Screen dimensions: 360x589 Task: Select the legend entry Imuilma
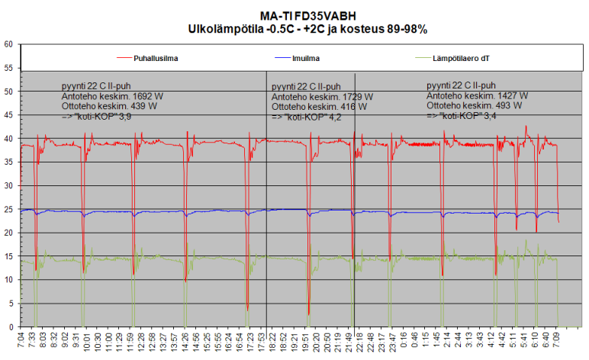[x=304, y=58]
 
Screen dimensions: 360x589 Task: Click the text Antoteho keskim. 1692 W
[x=111, y=98]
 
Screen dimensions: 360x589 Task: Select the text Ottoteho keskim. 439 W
[x=108, y=107]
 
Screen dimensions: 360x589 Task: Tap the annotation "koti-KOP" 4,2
[x=308, y=118]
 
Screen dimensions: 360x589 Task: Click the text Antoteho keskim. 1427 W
[x=478, y=96]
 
